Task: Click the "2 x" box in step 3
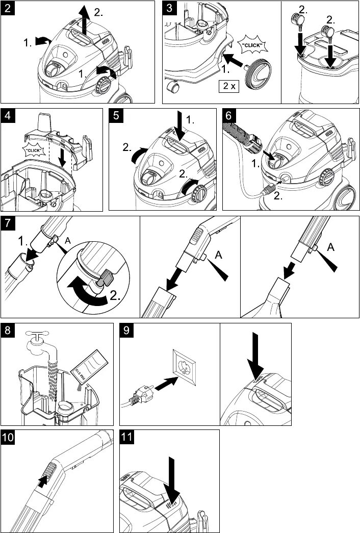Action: click(229, 86)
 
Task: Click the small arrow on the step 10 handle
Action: click(44, 479)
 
